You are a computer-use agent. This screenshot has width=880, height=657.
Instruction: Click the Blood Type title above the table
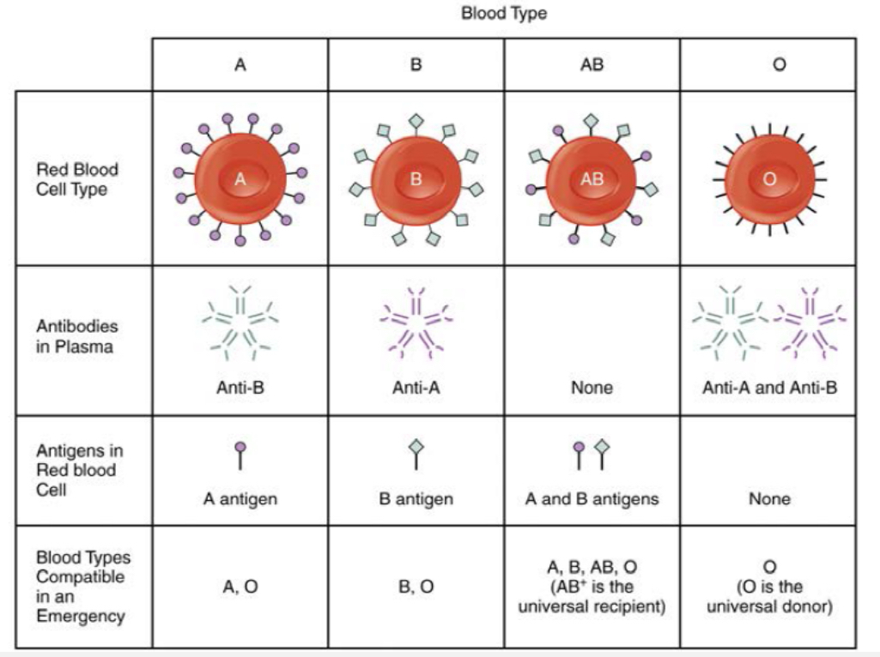click(503, 14)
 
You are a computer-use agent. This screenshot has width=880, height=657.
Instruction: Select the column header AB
click(592, 64)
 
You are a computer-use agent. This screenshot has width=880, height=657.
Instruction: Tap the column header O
click(768, 64)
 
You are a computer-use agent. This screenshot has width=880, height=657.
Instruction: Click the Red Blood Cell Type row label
click(77, 178)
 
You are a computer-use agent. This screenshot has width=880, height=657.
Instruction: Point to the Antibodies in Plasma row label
click(77, 337)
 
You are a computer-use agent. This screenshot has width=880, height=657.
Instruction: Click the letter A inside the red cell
click(240, 179)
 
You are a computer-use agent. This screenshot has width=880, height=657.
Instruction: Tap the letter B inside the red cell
click(416, 179)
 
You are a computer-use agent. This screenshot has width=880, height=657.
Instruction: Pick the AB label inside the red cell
click(592, 179)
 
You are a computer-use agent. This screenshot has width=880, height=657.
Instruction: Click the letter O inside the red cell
click(768, 179)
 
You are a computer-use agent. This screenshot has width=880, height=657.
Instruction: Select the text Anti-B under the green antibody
click(240, 388)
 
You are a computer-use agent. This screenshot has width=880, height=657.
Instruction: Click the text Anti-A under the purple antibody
click(416, 388)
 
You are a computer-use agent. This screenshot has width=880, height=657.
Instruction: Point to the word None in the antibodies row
click(592, 388)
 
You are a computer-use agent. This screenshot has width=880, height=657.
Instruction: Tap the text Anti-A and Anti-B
click(769, 388)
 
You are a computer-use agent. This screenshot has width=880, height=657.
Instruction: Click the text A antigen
click(240, 499)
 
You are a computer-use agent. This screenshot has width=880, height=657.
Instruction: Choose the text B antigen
click(416, 499)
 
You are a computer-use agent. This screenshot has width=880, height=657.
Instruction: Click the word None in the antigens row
click(768, 499)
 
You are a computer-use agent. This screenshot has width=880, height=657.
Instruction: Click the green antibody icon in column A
click(240, 322)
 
